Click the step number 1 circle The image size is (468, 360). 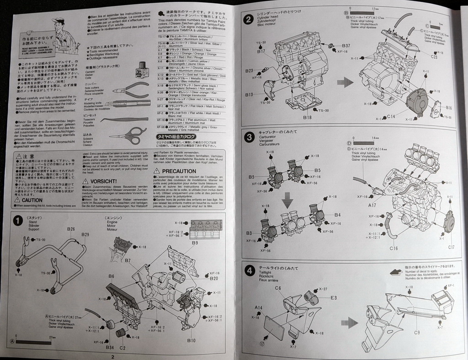click(17, 221)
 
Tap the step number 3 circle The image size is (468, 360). click(249, 138)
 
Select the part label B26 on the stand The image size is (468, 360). click(71, 229)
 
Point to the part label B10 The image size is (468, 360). click(191, 340)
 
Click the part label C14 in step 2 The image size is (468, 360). click(390, 117)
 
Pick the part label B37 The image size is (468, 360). click(346, 46)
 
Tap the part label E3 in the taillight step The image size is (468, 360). click(333, 297)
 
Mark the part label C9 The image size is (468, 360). click(416, 332)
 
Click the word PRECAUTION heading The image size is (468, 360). click(179, 170)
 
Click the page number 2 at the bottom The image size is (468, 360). click(112, 356)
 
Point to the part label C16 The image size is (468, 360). click(394, 248)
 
